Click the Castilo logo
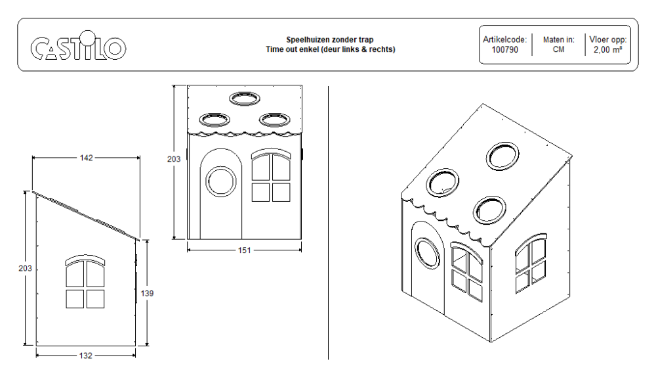[78, 47]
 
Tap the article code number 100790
[504, 49]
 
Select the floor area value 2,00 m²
[607, 49]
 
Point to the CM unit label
[558, 49]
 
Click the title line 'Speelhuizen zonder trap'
[331, 40]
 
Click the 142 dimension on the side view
[86, 158]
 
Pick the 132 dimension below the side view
[86, 356]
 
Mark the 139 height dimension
[148, 294]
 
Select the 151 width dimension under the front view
[244, 250]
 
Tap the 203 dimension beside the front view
[174, 160]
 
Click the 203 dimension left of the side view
[26, 269]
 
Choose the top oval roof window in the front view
[245, 99]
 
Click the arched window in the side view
[85, 283]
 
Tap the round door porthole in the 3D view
[427, 254]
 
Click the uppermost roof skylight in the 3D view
[502, 156]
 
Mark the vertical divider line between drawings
[328, 223]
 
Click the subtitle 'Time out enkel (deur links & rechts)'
[331, 49]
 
